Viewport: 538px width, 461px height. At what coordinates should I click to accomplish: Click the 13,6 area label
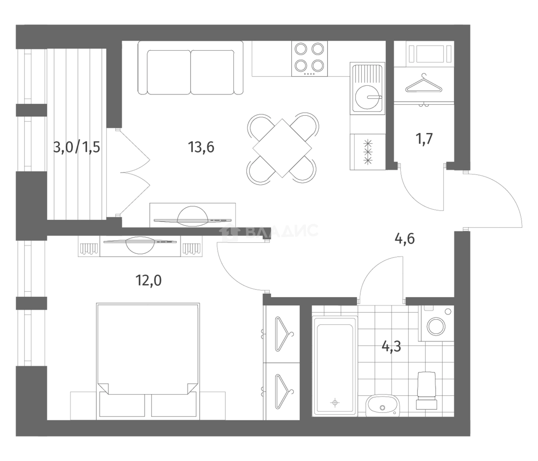coord(201,147)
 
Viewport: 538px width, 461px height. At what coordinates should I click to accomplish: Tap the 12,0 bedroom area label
coord(148,281)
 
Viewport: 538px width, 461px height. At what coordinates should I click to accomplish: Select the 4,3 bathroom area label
coord(391,347)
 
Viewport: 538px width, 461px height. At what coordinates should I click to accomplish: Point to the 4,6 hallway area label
coord(405,239)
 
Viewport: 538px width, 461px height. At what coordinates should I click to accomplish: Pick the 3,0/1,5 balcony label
coord(76,148)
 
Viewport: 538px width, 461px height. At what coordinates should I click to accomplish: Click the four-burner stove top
coord(309,58)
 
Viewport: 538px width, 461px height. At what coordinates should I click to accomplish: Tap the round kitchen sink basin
coord(368,97)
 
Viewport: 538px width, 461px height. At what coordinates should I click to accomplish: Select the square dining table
coord(282,148)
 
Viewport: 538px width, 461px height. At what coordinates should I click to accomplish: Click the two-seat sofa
coord(190,68)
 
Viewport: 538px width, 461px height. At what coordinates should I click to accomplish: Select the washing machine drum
coord(436,326)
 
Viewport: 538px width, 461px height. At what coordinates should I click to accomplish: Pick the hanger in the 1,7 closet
coord(424,84)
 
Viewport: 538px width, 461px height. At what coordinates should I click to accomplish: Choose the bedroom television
coord(140,244)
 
